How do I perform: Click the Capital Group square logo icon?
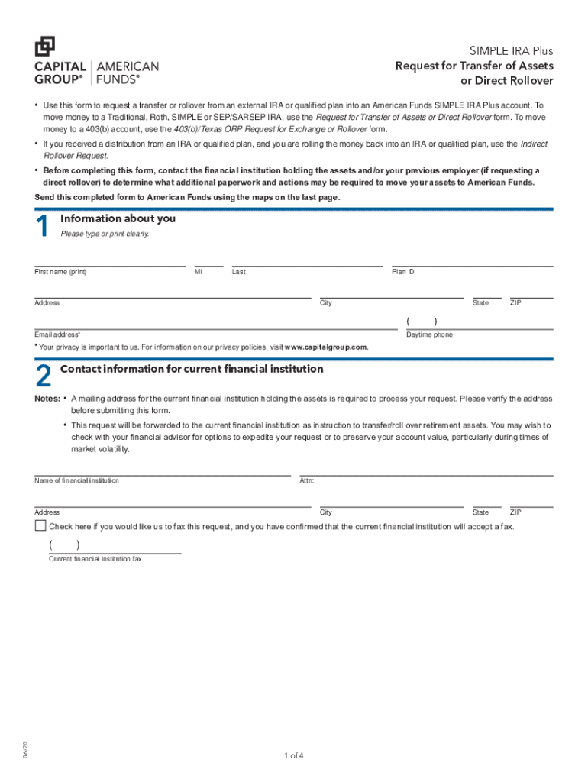[x=45, y=46]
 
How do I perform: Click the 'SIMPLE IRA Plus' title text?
[x=511, y=51]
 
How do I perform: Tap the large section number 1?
[x=43, y=227]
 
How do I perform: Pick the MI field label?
[x=199, y=272]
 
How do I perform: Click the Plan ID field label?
[x=403, y=272]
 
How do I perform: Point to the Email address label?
[x=57, y=335]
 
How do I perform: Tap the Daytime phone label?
[x=429, y=335]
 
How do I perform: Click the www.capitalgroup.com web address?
[x=325, y=347]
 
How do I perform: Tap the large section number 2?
[x=44, y=377]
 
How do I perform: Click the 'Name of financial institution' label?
[x=76, y=480]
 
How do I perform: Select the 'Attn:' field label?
[x=307, y=480]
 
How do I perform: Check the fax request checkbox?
[x=40, y=526]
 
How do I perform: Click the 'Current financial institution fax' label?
[x=95, y=559]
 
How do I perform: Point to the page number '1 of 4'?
[x=294, y=756]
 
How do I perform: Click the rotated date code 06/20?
[x=25, y=749]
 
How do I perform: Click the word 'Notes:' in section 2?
[x=47, y=399]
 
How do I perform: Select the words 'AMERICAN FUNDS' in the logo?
[x=127, y=73]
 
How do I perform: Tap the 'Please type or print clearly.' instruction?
[x=105, y=234]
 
